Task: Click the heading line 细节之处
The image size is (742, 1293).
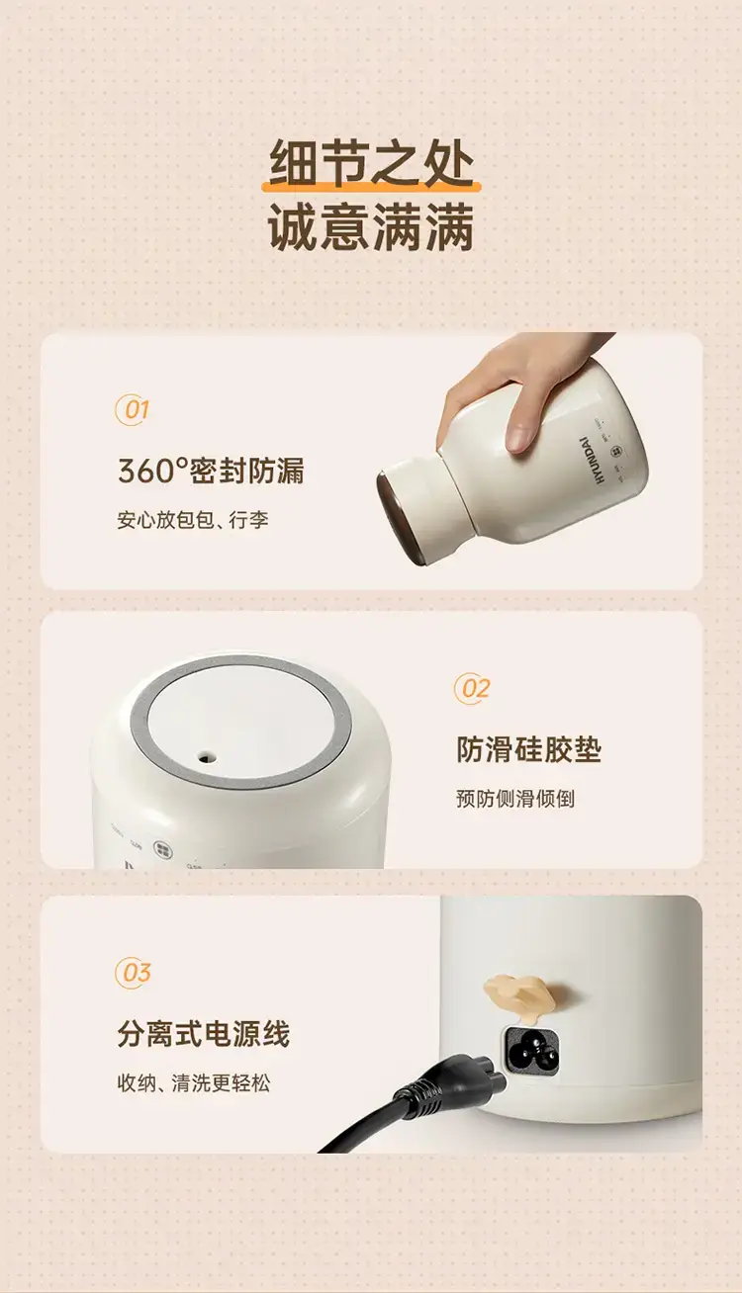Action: click(x=371, y=163)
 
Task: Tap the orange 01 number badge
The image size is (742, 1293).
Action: click(x=133, y=410)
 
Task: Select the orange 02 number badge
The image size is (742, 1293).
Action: click(x=472, y=689)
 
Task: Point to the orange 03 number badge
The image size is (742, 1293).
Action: click(x=133, y=973)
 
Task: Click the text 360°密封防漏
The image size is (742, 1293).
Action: click(x=211, y=471)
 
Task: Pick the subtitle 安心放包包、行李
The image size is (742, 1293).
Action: click(x=193, y=520)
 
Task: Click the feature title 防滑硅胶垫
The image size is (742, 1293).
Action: click(x=528, y=749)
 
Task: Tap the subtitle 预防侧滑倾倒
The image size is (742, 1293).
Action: click(x=514, y=799)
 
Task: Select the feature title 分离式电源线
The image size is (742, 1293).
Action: click(x=204, y=1034)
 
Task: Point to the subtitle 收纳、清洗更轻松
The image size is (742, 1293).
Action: click(x=194, y=1082)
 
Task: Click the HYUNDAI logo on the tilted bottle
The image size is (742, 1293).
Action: click(x=592, y=460)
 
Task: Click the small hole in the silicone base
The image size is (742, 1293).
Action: click(x=204, y=757)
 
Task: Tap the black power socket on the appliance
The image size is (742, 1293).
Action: click(x=533, y=1052)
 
